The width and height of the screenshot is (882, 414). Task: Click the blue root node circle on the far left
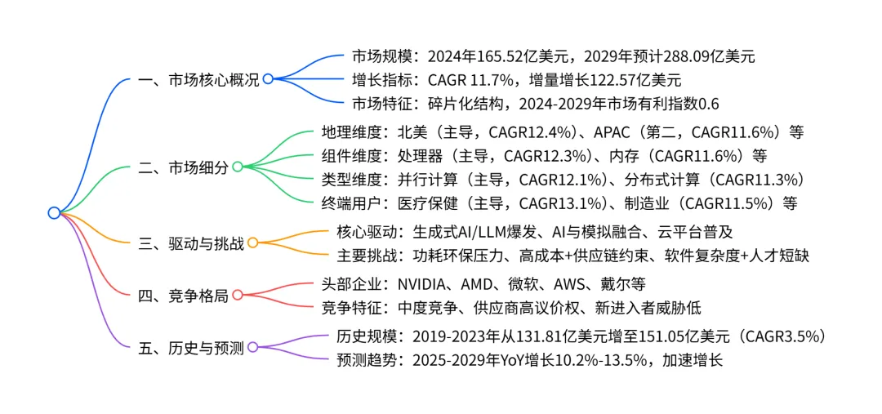54,213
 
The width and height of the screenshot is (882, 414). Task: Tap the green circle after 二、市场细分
238,167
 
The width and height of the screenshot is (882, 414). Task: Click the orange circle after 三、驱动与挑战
252,243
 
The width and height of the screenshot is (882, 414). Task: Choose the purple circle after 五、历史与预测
252,347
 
